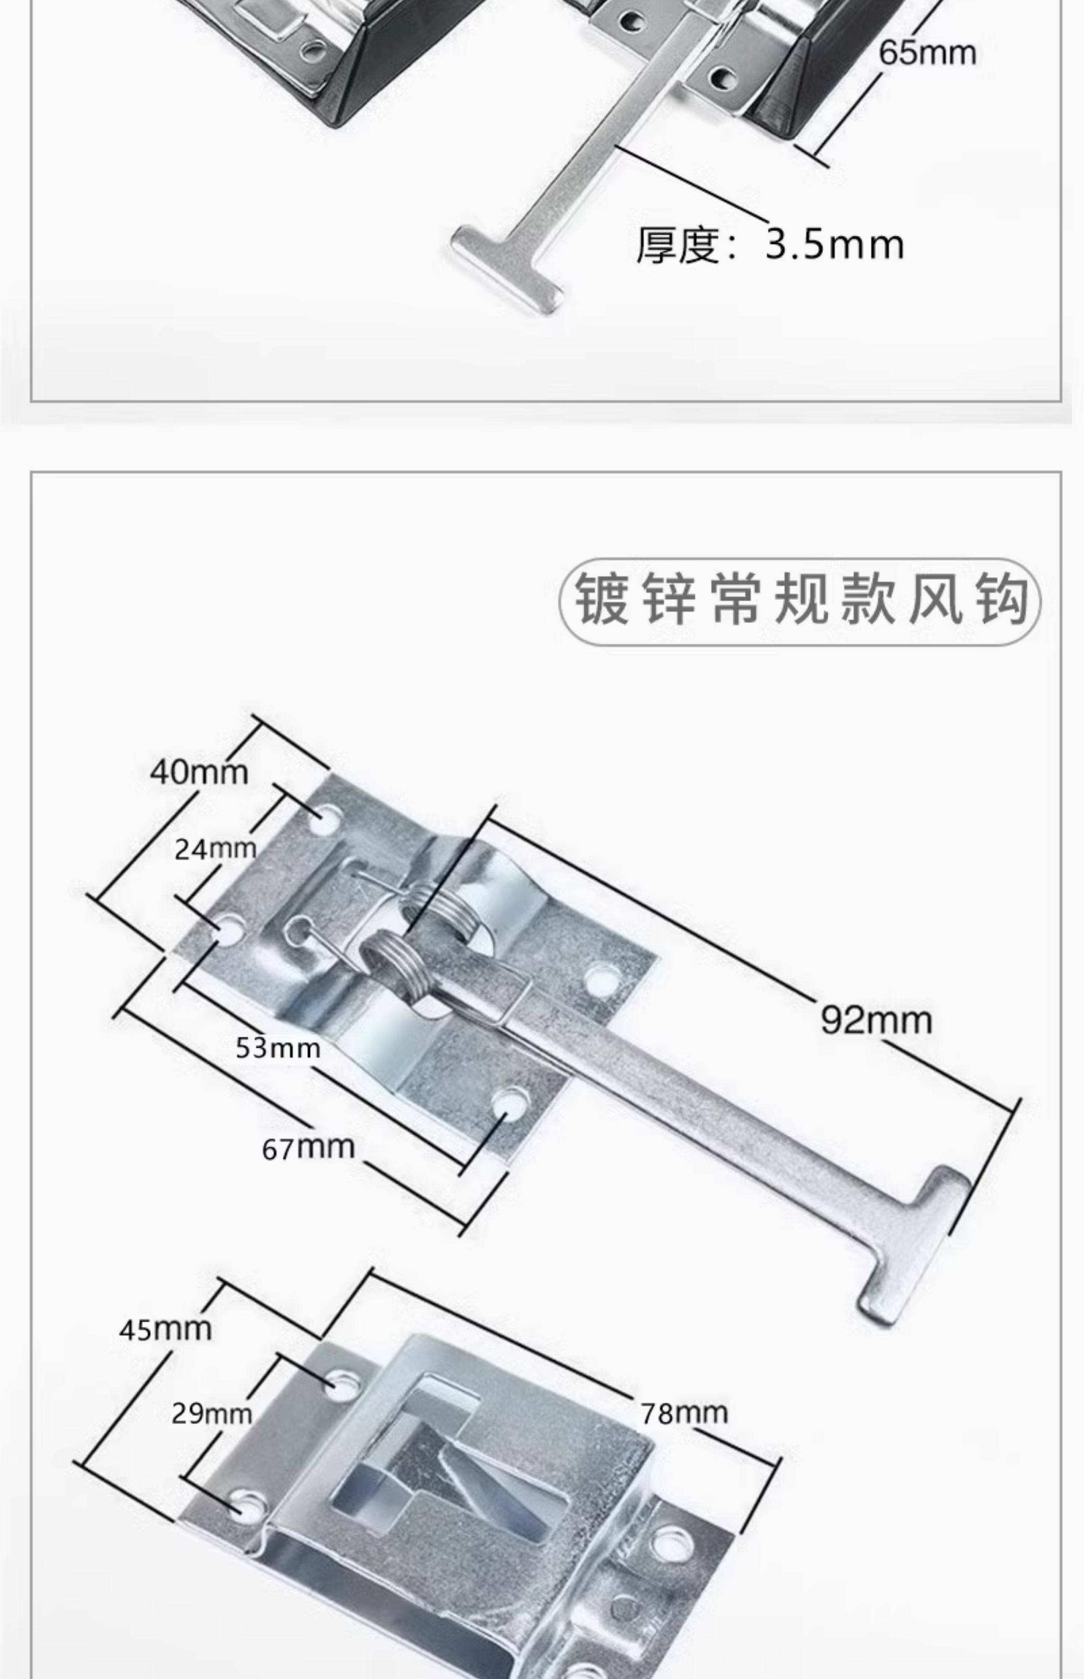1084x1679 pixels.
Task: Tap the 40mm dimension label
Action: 199,772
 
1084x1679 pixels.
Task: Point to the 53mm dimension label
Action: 278,1048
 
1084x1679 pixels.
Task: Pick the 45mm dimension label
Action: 165,1329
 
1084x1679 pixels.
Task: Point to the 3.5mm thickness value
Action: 834,244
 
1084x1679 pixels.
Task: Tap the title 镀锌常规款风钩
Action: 800,602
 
